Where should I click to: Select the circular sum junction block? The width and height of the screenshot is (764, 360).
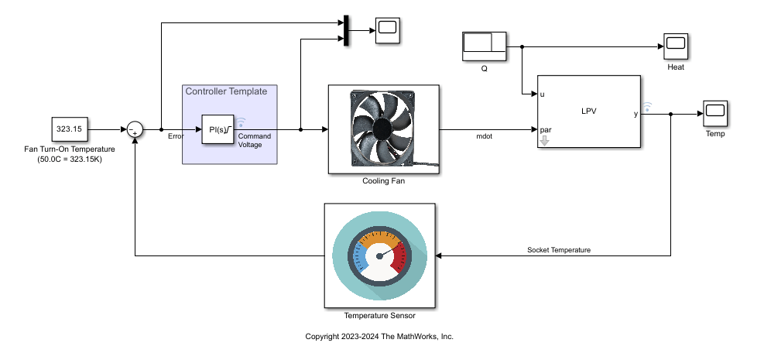(x=135, y=129)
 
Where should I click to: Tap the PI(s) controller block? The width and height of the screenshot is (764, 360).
(x=218, y=129)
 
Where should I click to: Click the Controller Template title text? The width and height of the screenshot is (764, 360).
(x=226, y=91)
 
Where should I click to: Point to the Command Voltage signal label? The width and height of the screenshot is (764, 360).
(x=254, y=140)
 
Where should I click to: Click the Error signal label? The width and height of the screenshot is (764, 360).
(x=176, y=136)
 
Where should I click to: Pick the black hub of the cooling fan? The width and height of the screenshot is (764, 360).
(x=383, y=128)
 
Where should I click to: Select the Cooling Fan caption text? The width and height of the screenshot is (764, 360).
(x=383, y=181)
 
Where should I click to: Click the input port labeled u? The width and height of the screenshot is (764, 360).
(x=543, y=94)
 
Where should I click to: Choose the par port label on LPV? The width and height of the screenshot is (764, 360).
(x=546, y=129)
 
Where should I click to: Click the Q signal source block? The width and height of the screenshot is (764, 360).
(x=484, y=46)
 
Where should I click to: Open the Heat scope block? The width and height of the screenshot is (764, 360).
(x=675, y=46)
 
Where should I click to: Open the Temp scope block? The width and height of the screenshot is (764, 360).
(x=714, y=113)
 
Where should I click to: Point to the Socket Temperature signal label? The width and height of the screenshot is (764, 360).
(x=559, y=250)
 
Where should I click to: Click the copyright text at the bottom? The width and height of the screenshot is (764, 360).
(x=379, y=337)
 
